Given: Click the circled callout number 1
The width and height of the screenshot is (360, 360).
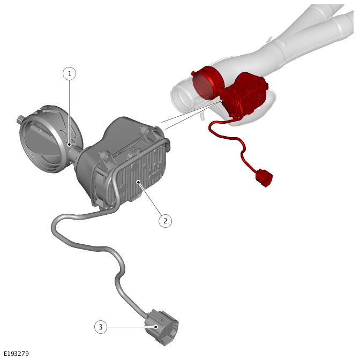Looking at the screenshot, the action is pos(69,73).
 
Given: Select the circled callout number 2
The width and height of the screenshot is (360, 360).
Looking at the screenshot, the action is pos(166,221).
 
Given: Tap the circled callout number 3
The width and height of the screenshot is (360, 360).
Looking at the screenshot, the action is pos(101,327).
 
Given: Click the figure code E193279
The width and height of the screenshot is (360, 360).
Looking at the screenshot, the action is pos(16,353).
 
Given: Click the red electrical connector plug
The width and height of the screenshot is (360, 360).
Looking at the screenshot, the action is pos(264,177).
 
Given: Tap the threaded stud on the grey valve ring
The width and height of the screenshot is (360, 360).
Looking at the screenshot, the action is pos(20,119).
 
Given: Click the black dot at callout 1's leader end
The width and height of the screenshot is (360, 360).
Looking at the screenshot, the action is pos(69,145).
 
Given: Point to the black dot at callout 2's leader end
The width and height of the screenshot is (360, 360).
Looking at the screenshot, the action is pos(138,182).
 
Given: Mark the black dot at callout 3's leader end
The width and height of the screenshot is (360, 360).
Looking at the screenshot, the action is pos(156,327).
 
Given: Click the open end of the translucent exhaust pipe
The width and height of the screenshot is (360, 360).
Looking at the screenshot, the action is pos(182,97).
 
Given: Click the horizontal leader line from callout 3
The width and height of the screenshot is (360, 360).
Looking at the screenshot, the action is pos(131,327).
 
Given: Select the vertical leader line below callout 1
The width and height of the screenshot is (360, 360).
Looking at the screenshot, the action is pos(69,112).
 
